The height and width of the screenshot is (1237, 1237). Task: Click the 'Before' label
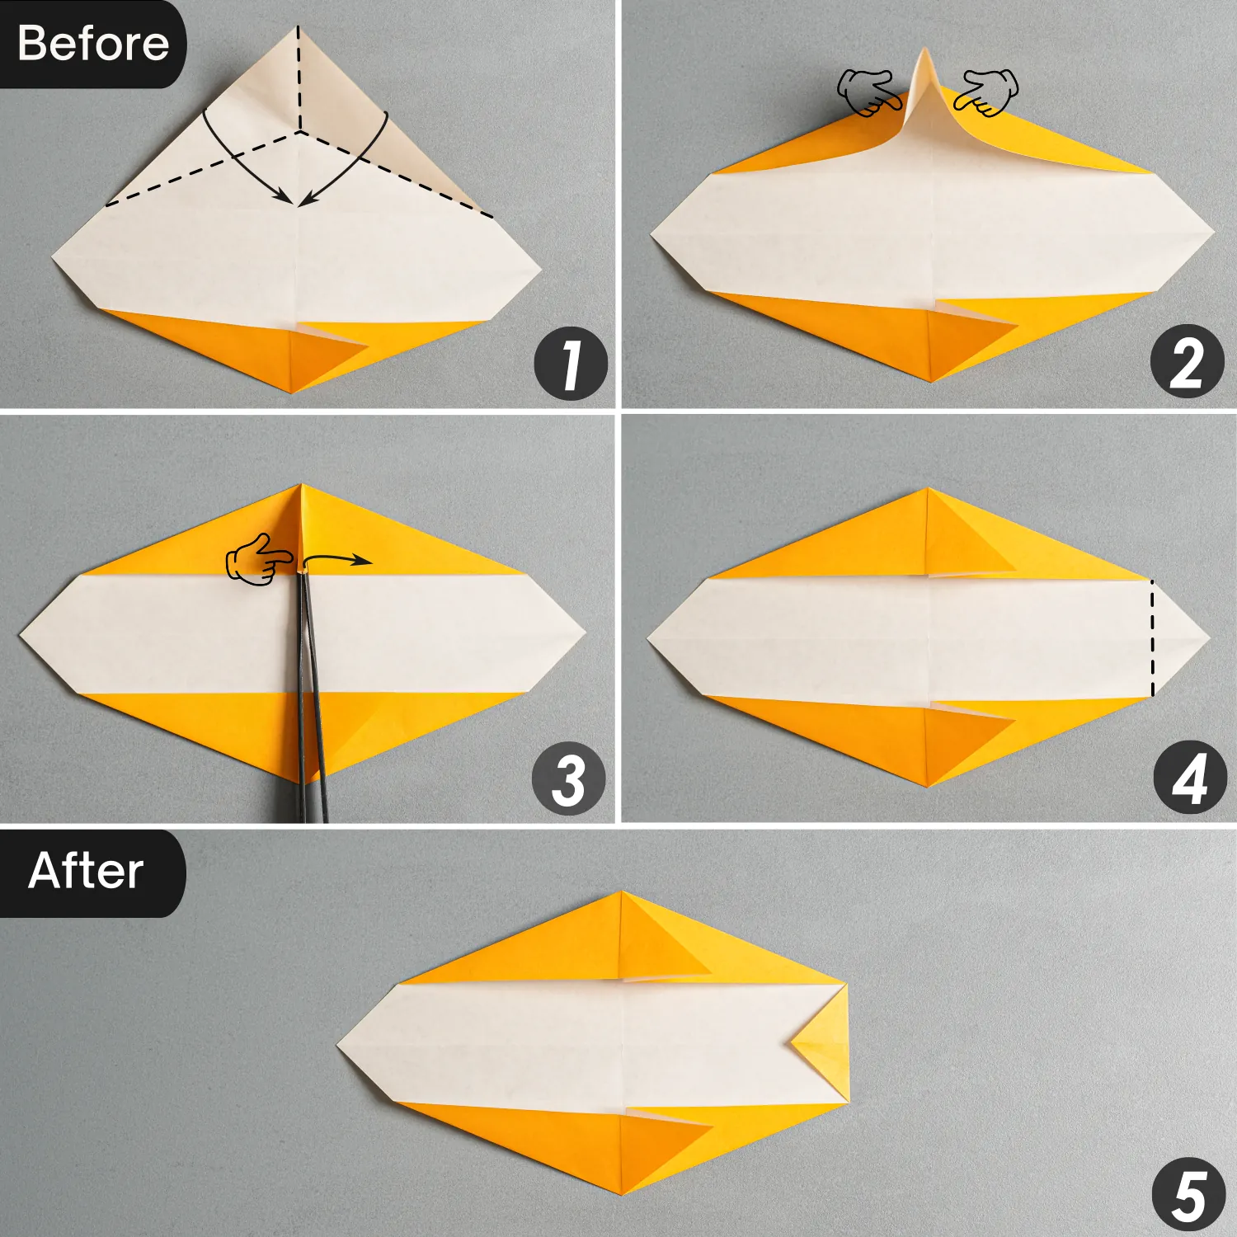click(92, 43)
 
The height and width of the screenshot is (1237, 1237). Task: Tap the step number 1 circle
click(571, 364)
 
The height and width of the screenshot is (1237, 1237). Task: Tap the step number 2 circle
click(1187, 361)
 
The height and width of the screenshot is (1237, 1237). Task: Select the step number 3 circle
click(569, 778)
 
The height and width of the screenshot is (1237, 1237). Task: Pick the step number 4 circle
click(1189, 778)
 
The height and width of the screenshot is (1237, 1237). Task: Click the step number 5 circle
click(1188, 1194)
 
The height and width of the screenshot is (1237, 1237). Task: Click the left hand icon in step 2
click(866, 92)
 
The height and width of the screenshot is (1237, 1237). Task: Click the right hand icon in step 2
click(987, 92)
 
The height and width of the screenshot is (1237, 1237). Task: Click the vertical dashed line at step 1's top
click(299, 78)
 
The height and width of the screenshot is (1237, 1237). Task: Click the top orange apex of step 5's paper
click(621, 897)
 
